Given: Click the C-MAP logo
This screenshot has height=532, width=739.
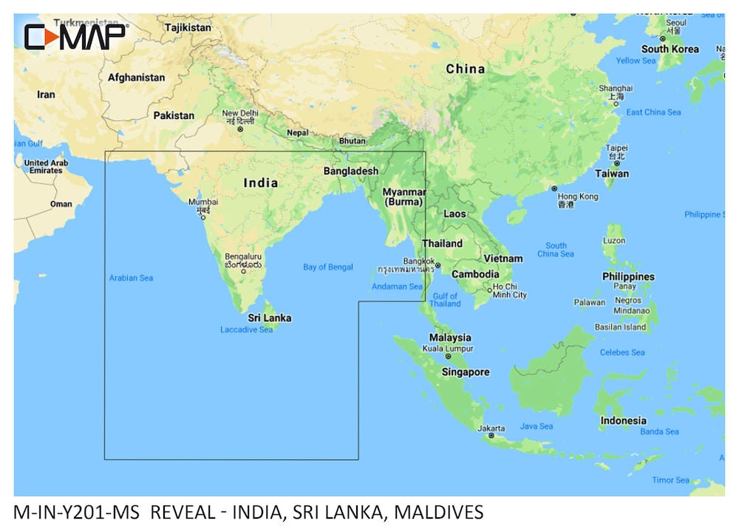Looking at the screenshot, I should (75, 36).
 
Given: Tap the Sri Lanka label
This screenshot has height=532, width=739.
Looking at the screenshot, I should (269, 318).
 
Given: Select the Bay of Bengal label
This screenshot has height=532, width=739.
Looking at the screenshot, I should (328, 267).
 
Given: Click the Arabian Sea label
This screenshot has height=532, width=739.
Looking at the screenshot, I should (131, 278).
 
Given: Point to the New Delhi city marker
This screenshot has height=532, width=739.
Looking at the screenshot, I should (239, 129).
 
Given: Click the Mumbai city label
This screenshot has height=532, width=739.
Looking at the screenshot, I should (203, 202).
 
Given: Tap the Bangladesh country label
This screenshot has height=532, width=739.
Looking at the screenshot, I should (351, 171).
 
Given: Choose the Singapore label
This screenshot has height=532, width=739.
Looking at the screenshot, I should (465, 372).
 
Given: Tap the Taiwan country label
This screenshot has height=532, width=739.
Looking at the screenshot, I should (613, 174).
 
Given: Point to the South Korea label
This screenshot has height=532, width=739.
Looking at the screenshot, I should (670, 49).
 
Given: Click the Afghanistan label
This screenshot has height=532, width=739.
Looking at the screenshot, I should (136, 77).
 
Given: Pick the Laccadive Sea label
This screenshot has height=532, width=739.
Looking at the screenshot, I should (246, 330).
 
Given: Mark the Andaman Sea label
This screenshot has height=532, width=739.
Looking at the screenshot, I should (398, 287).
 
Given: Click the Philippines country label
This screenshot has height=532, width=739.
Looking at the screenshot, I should (628, 276).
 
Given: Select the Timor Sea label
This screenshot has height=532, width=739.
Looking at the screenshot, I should (670, 480).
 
